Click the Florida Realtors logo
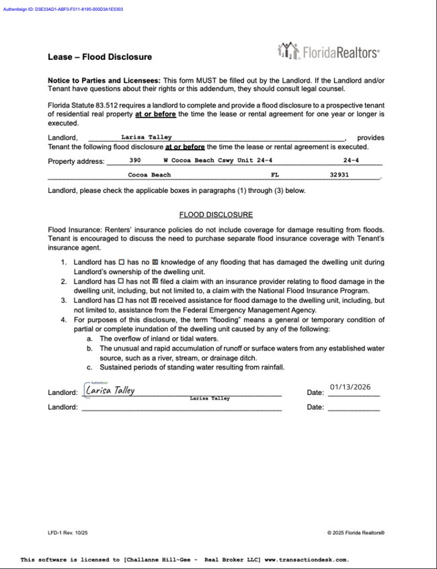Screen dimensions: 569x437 pos(328,51)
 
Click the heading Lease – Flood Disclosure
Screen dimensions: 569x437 pos(100,57)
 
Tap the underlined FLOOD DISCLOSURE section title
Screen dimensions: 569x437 pos(216,215)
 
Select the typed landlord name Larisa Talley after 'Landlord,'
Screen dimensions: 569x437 pos(147,137)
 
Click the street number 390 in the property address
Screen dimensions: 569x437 pos(134,161)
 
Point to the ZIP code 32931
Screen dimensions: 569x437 pos(339,175)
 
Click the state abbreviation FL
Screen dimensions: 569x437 pos(275,175)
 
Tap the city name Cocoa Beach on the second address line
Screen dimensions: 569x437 pos(149,175)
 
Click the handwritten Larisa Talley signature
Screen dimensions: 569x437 pos(110,390)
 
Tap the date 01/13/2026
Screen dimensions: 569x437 pos(350,387)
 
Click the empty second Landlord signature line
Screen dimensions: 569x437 pos(182,407)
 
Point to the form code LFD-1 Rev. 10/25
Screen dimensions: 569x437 pos(67,533)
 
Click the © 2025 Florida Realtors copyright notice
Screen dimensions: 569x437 pos(356,533)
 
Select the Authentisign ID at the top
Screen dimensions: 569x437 pos(63,9)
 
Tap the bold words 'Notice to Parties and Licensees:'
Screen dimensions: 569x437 pos(104,81)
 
